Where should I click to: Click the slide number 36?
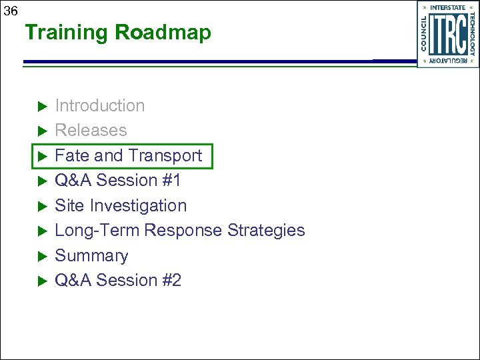pyautogui.click(x=11, y=11)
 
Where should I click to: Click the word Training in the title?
pyautogui.click(x=67, y=33)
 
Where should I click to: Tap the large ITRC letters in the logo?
pyautogui.click(x=447, y=35)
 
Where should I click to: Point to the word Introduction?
pyautogui.click(x=99, y=105)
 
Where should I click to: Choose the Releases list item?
pyautogui.click(x=91, y=131)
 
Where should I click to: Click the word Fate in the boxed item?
pyautogui.click(x=72, y=155)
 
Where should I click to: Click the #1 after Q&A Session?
pyautogui.click(x=171, y=181)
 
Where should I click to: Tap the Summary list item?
pyautogui.click(x=91, y=256)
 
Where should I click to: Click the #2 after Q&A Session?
pyautogui.click(x=171, y=281)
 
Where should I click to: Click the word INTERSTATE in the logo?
pyautogui.click(x=448, y=7)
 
